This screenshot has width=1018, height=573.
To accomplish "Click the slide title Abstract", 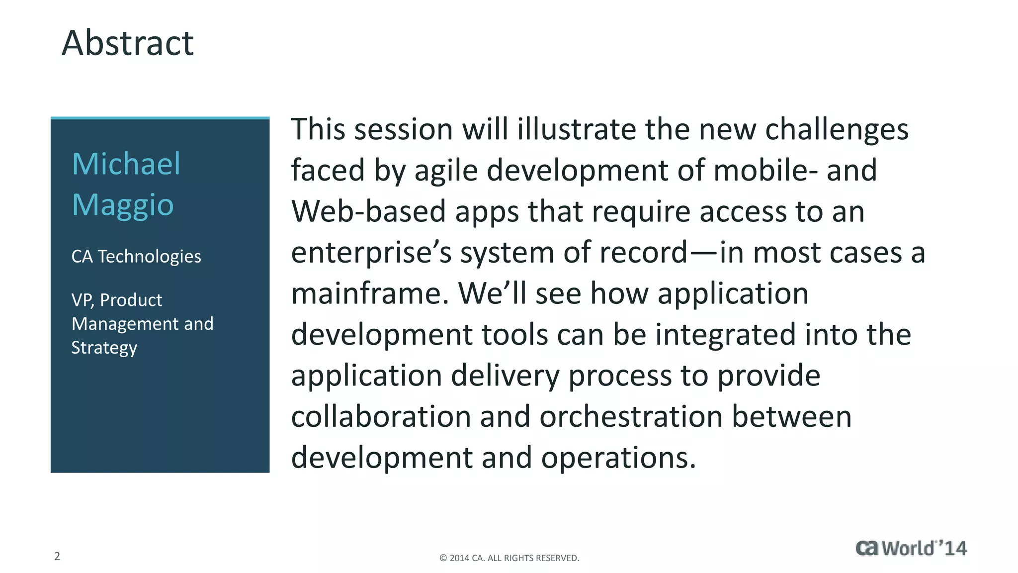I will (127, 43).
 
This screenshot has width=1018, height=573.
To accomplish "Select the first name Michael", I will (126, 164).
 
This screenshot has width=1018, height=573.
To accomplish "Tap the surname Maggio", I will (123, 205).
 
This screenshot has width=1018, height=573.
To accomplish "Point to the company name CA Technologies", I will (136, 257).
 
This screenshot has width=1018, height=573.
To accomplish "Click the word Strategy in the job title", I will (104, 348).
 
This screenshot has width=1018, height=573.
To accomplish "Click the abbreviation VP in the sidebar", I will (82, 300).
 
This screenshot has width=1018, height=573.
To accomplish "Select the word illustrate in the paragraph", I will (577, 129).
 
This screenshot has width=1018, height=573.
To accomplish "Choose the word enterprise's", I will (371, 253).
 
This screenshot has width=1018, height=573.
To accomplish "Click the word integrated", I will (725, 335).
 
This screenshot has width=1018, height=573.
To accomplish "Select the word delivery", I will (505, 376).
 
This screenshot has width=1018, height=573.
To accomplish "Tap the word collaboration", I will (381, 417).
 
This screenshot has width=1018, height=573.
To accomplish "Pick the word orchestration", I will (631, 417).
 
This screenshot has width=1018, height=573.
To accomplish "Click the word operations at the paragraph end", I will (618, 458).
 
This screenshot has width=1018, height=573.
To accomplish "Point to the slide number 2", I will (57, 556).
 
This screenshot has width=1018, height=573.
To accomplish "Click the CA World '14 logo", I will (911, 548).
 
